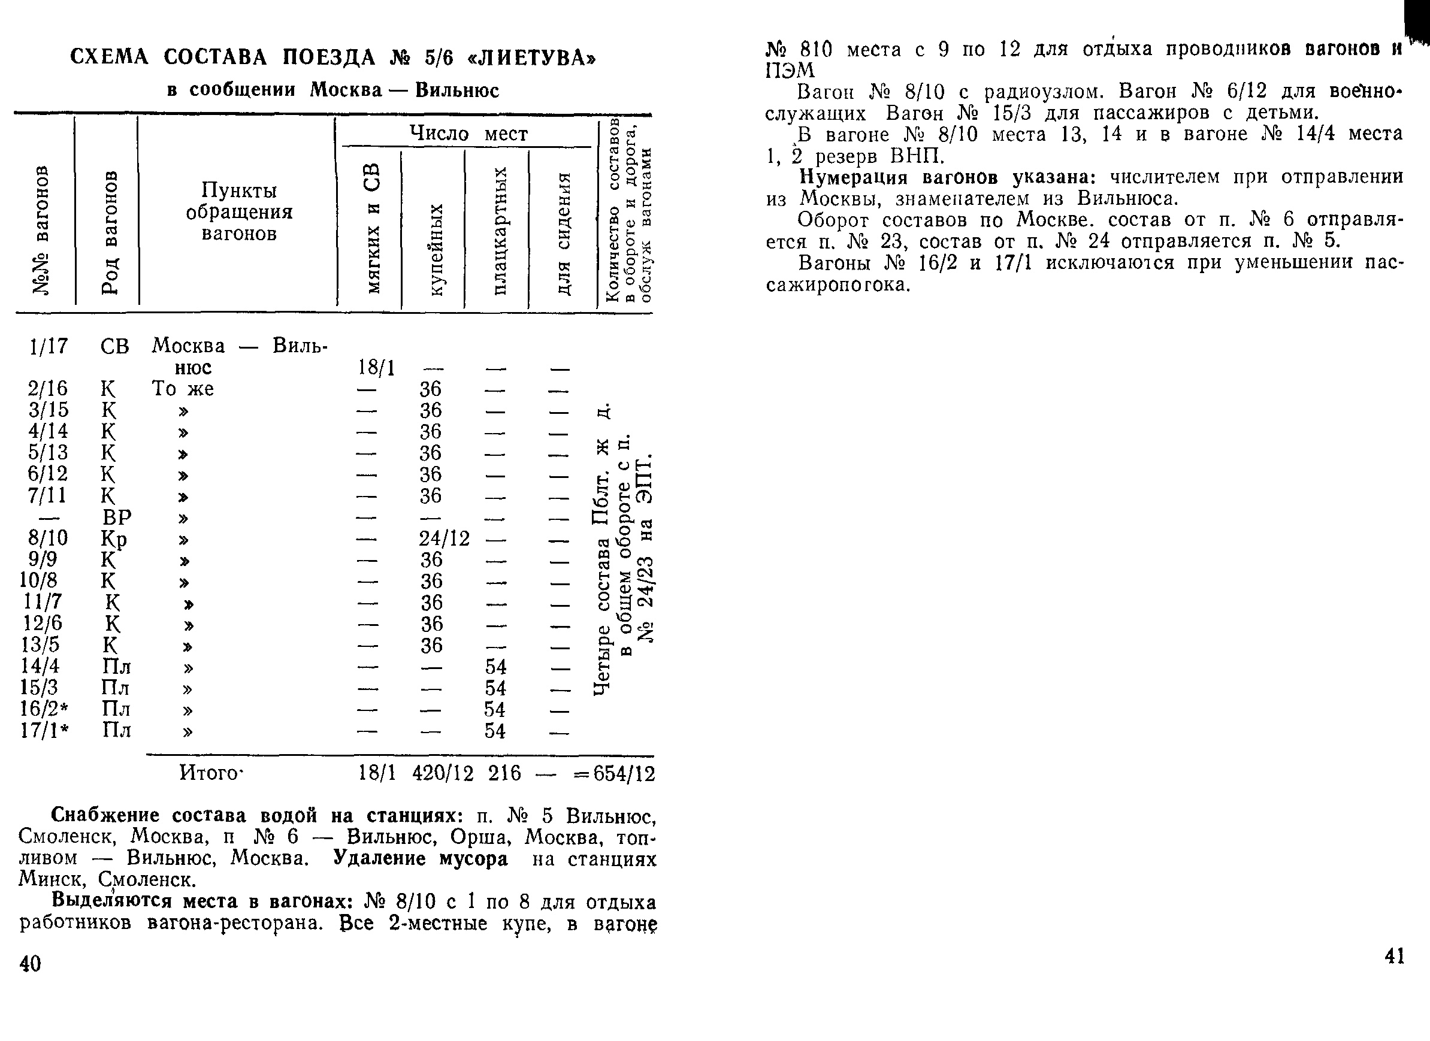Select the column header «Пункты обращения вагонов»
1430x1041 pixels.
click(239, 212)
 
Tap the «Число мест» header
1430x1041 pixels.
click(468, 134)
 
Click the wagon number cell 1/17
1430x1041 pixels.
click(48, 346)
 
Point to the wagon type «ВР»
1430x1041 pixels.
click(117, 518)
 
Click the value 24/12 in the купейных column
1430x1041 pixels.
click(445, 538)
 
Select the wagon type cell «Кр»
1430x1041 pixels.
click(114, 539)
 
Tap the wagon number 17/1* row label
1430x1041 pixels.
click(45, 730)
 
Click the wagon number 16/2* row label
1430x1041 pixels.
click(45, 709)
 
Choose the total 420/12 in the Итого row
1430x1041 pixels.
click(443, 774)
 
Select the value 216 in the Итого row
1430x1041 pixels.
click(504, 774)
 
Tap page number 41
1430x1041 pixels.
click(1394, 957)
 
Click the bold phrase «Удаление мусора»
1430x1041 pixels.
click(420, 859)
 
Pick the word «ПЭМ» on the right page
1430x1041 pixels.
click(790, 71)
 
